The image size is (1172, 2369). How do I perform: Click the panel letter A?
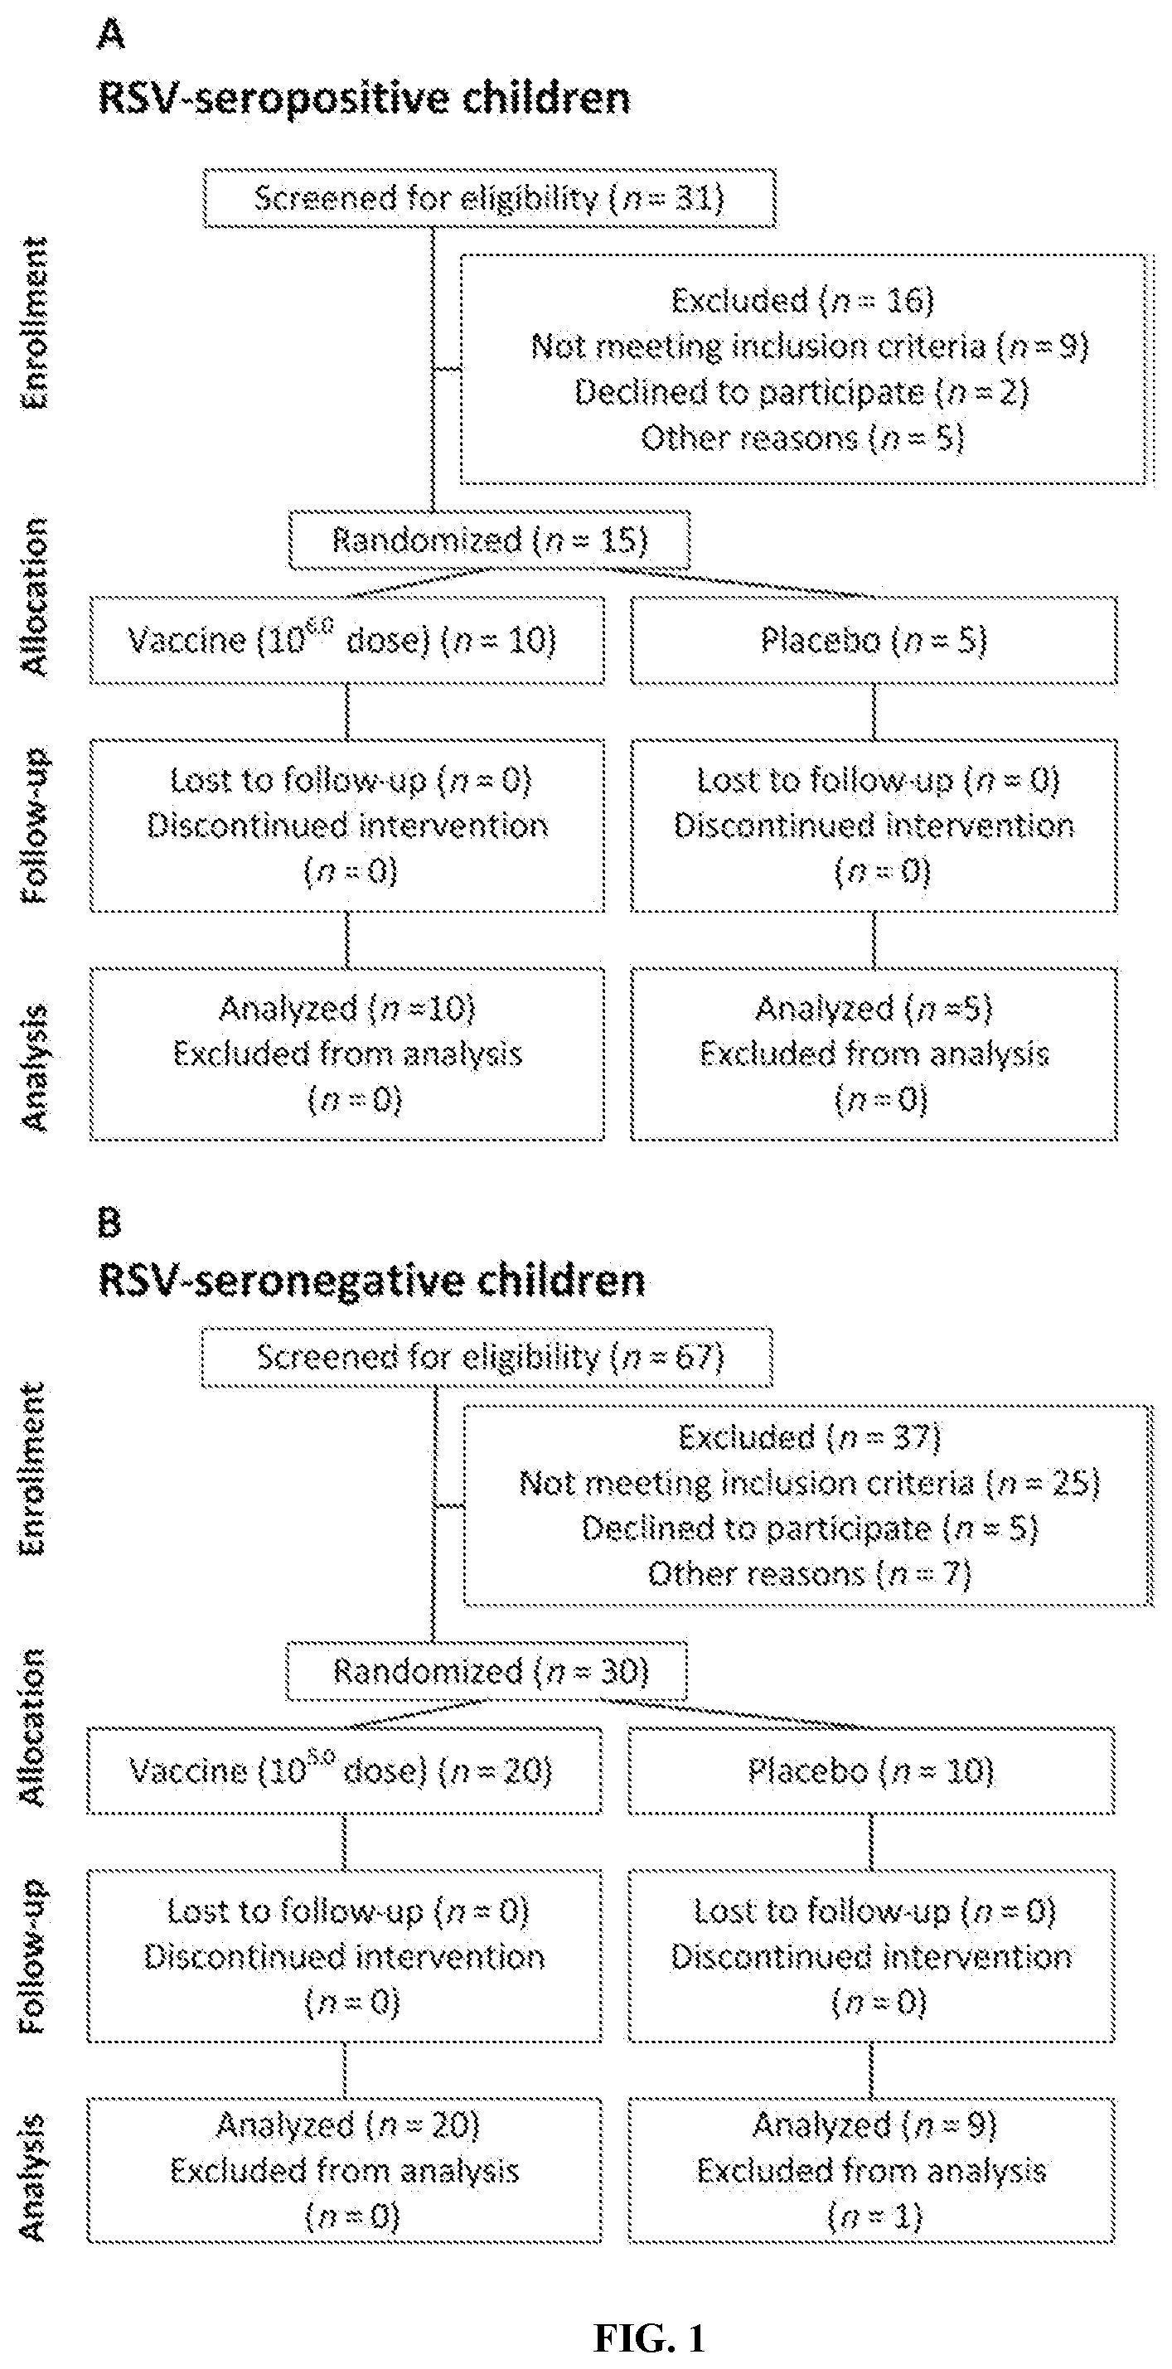coord(110,36)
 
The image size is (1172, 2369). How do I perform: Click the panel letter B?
coord(109,1223)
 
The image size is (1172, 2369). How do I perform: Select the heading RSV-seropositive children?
coord(365,98)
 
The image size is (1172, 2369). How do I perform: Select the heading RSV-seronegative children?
coord(371,1281)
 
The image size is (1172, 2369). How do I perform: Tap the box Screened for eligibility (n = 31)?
coord(489,198)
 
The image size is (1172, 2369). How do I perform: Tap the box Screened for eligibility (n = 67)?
coord(487,1356)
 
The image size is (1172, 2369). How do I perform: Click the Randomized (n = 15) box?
coord(489,540)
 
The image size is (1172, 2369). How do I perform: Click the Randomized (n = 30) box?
coord(487,1671)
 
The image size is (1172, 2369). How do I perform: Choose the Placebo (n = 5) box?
coord(874,640)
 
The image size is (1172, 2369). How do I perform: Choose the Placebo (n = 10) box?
coord(871,1771)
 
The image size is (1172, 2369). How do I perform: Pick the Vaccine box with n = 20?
coord(345,1771)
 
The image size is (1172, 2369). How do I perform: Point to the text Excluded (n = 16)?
coord(802,300)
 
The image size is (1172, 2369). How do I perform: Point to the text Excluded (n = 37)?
coord(810,1437)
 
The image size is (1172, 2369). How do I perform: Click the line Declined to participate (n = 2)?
coord(802,392)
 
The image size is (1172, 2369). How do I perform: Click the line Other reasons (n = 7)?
coord(810,1574)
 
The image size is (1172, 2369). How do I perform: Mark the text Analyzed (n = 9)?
coord(874,2124)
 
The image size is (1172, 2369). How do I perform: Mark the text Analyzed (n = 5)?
coord(874,1008)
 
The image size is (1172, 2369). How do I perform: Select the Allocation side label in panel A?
coord(35,598)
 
